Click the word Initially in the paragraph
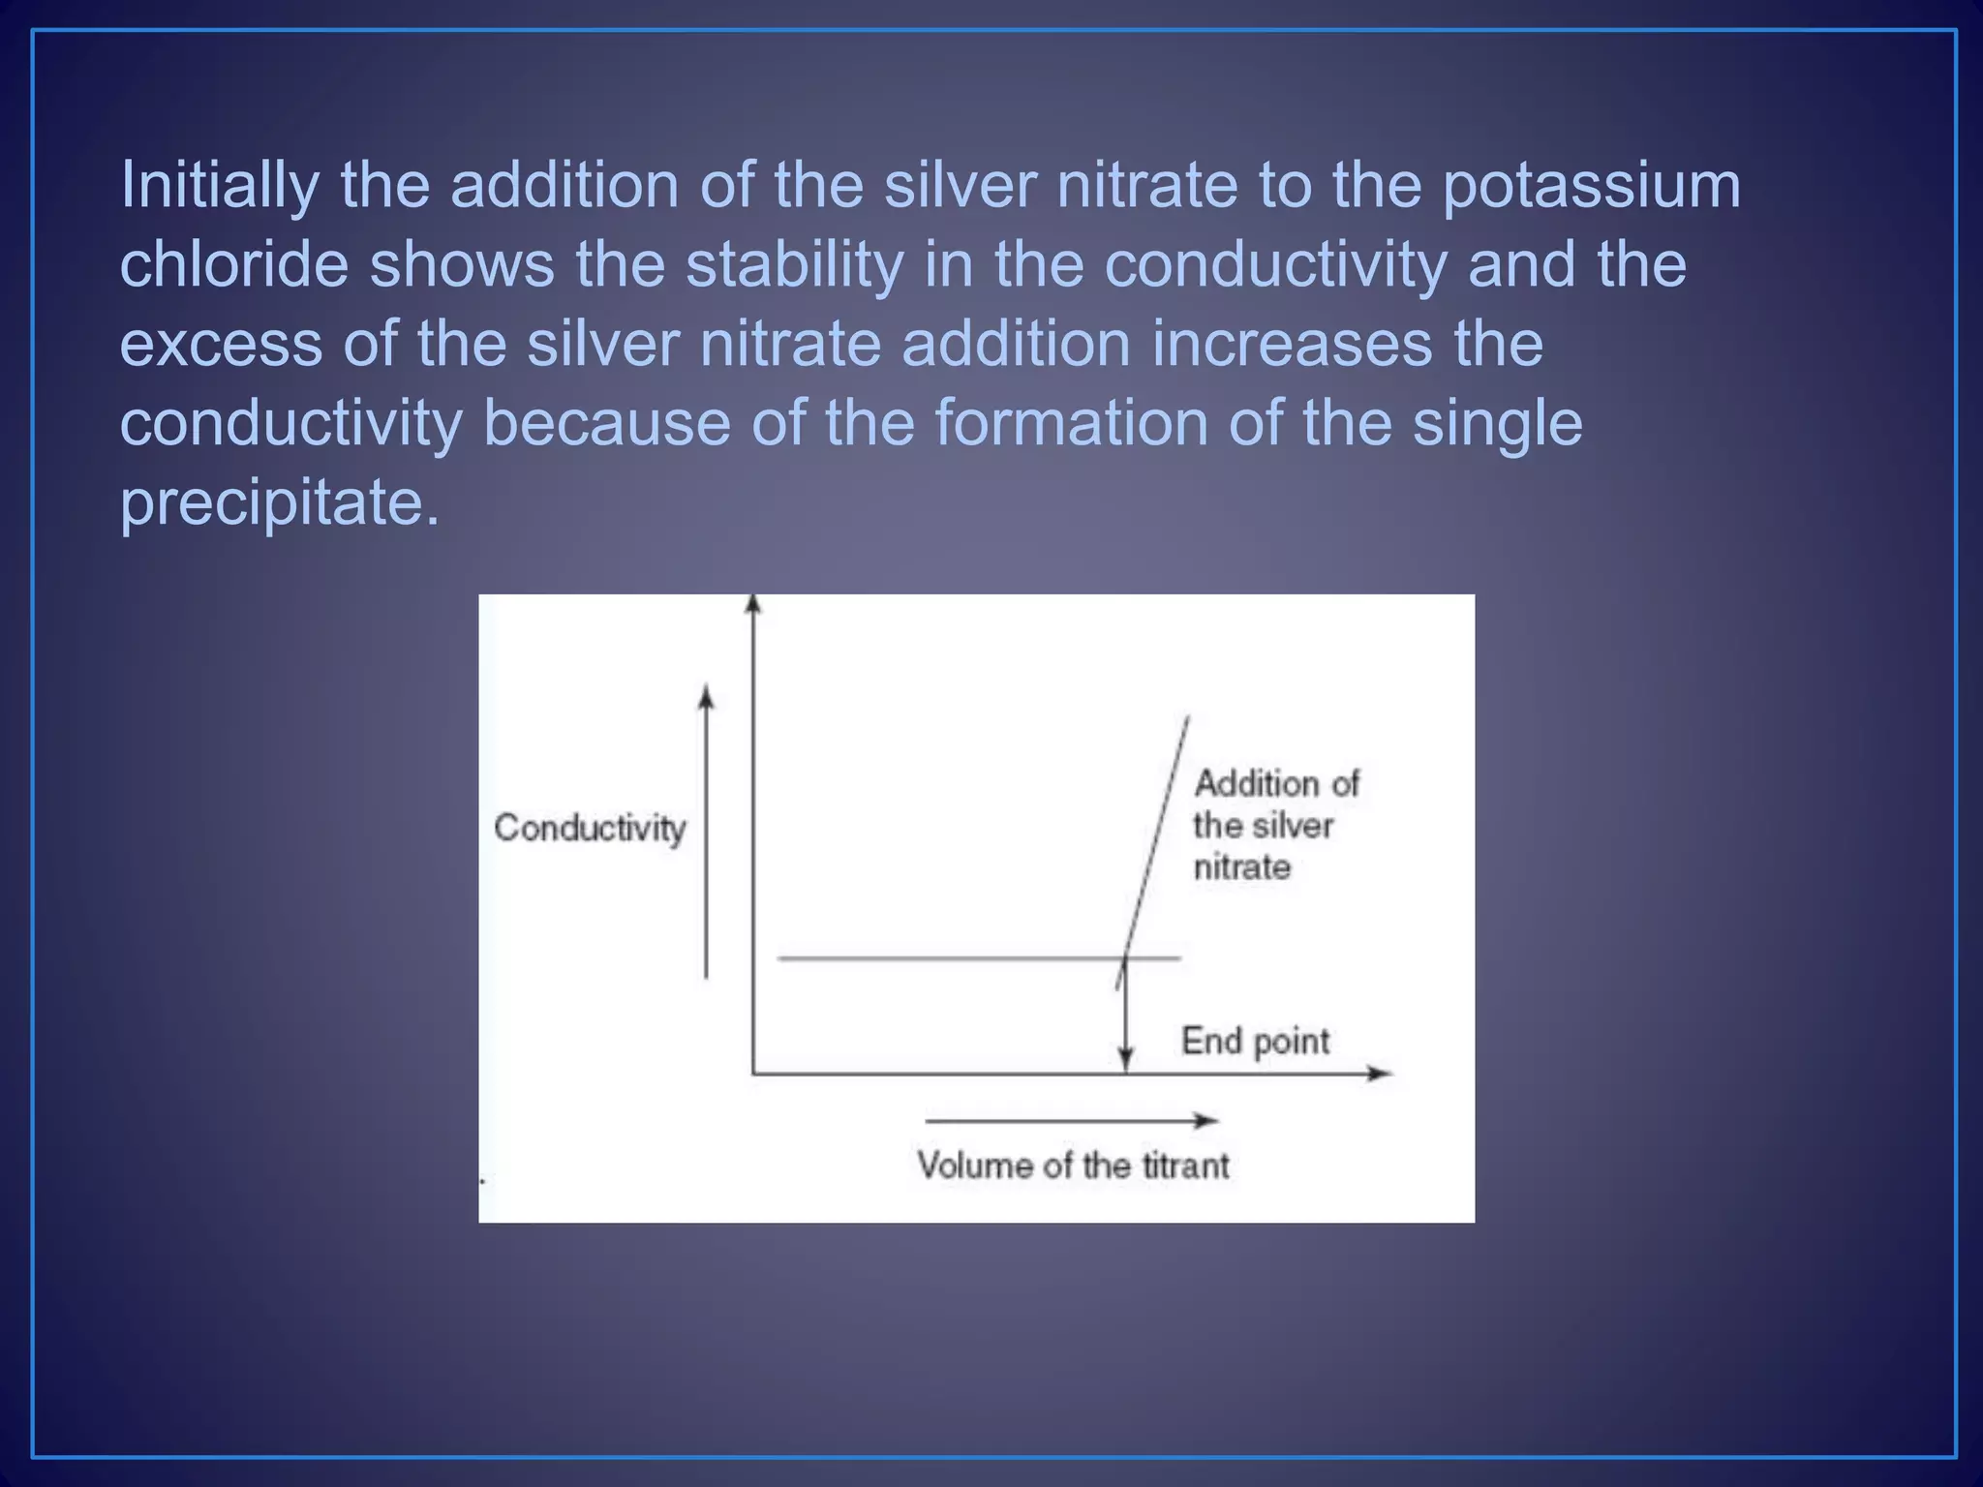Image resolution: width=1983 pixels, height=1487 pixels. [219, 186]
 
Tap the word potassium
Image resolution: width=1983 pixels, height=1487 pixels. [1591, 186]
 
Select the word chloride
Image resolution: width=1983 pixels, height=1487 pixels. [233, 265]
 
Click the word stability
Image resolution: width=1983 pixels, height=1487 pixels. [794, 265]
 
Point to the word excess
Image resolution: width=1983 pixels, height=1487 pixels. [221, 345]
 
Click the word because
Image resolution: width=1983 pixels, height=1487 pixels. [606, 424]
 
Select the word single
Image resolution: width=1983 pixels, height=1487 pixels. [1497, 424]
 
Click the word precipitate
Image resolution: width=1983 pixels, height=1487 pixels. [279, 503]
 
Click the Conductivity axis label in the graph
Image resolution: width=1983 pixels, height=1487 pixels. [590, 829]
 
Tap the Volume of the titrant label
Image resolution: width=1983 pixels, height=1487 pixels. [1073, 1166]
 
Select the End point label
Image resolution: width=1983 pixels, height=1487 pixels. [1255, 1042]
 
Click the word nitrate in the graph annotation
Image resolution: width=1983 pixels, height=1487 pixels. [1241, 867]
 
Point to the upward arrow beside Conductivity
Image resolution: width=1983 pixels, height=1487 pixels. [706, 833]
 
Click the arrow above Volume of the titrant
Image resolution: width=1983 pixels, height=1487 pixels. [1070, 1121]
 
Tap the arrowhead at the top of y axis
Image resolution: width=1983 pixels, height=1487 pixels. [753, 604]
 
